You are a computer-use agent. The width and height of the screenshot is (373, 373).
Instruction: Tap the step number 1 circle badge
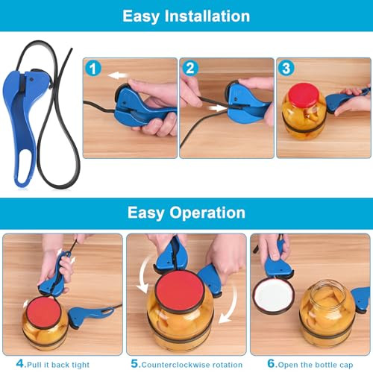tap(92, 68)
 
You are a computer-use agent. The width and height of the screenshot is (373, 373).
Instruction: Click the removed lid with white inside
tap(272, 295)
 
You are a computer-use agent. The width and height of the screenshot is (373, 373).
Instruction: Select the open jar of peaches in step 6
tap(327, 313)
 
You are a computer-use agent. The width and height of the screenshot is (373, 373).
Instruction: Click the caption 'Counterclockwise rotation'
tap(191, 364)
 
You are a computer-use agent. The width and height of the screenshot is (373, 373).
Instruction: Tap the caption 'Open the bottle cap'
tap(313, 364)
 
